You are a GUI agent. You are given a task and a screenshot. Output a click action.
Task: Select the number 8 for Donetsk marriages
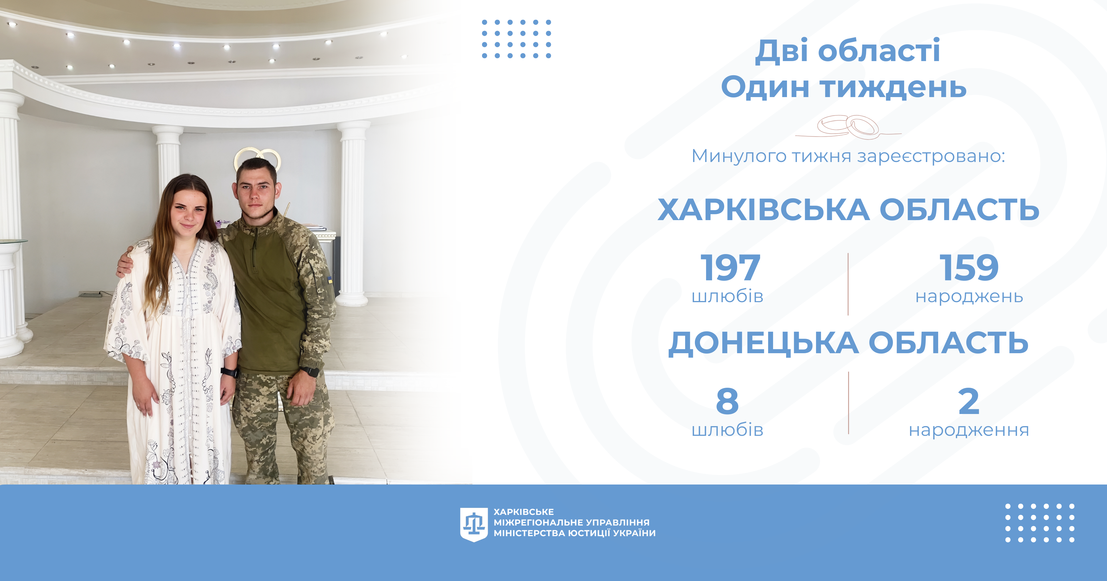pyautogui.click(x=727, y=401)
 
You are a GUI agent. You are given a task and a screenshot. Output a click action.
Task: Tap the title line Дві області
pyautogui.click(x=848, y=51)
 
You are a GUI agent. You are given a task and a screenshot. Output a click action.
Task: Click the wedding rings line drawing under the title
pyautogui.click(x=848, y=127)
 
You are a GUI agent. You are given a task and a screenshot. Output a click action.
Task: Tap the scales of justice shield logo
pyautogui.click(x=474, y=524)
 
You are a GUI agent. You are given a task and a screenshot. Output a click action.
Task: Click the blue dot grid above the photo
pyautogui.click(x=516, y=39)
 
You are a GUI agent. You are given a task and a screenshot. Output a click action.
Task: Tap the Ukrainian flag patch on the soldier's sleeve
pyautogui.click(x=330, y=280)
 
